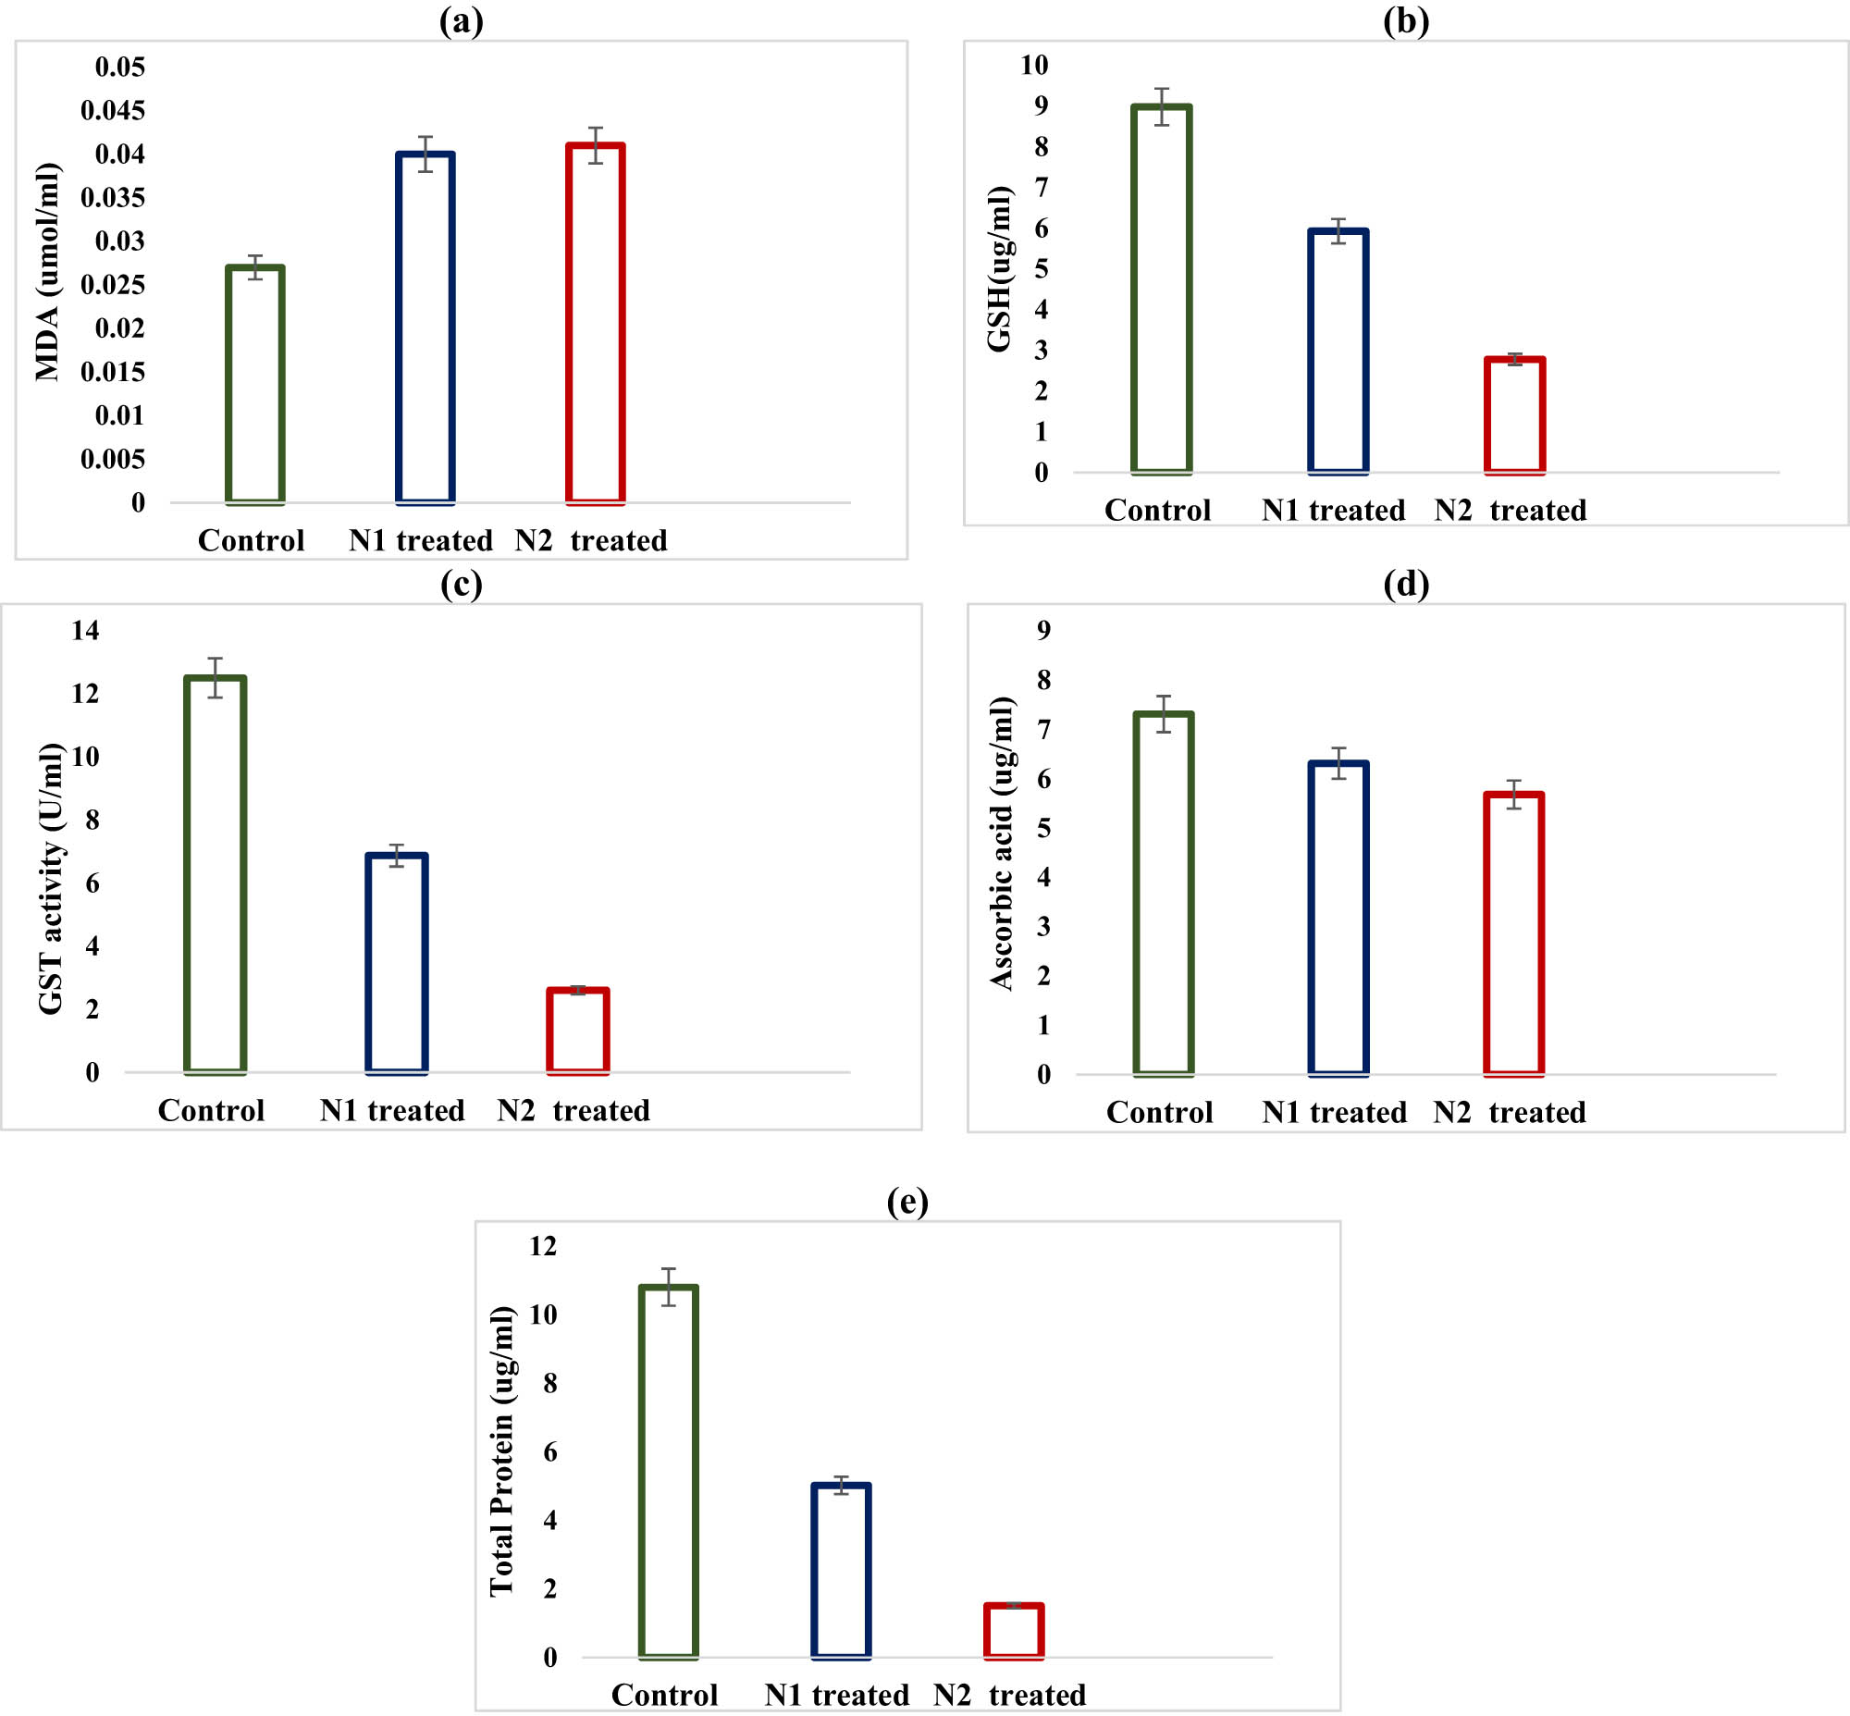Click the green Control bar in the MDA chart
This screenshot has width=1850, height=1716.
point(255,385)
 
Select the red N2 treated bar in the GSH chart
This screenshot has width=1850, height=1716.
point(1515,415)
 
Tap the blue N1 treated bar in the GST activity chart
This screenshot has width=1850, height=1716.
point(397,963)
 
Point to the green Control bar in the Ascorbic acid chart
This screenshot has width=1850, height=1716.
point(1164,894)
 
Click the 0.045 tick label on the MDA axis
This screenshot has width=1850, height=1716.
point(112,110)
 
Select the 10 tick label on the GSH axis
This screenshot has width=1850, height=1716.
point(1033,65)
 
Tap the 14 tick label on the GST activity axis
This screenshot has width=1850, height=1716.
point(84,631)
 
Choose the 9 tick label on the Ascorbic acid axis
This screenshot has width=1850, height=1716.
point(1044,631)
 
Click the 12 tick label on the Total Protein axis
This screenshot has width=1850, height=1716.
point(542,1246)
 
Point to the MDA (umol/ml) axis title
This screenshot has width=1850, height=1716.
point(47,272)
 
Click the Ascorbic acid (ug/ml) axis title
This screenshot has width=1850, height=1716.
point(1002,843)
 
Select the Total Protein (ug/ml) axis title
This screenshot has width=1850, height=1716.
point(501,1451)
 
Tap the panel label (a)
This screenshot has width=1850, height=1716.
point(461,20)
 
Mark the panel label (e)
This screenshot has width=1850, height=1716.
point(906,1202)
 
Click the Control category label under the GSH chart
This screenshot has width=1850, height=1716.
point(1157,510)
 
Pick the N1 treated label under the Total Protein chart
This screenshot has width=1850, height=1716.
point(837,1695)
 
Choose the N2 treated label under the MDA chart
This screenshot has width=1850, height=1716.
point(592,540)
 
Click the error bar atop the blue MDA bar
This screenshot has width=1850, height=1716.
point(425,154)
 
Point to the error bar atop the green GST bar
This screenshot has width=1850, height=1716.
point(216,677)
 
